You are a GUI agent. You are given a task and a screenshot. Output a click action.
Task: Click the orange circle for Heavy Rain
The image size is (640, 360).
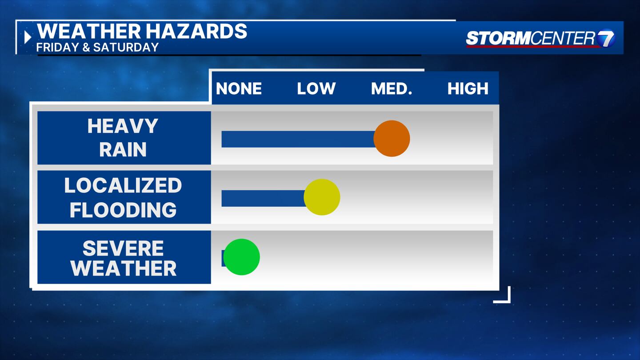[392, 139]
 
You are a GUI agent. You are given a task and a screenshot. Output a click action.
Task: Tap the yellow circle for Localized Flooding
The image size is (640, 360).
[322, 197]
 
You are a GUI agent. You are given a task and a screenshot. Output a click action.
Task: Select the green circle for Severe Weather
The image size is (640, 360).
[241, 257]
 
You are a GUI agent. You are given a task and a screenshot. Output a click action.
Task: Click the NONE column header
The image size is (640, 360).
[239, 88]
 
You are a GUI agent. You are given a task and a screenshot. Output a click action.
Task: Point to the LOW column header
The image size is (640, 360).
[316, 88]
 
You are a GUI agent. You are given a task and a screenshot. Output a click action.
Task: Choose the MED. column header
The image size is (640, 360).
[392, 88]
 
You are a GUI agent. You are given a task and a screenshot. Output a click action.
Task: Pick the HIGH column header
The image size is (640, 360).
[468, 88]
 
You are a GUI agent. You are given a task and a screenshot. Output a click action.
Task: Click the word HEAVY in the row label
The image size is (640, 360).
[123, 126]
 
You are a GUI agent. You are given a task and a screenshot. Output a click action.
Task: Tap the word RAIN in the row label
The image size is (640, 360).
[123, 149]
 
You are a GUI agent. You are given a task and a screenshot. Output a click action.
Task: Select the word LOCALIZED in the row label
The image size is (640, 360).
[123, 185]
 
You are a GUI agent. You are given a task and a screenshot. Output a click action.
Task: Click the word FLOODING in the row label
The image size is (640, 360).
[123, 210]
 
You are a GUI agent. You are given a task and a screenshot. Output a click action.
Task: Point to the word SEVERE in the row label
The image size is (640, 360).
[123, 248]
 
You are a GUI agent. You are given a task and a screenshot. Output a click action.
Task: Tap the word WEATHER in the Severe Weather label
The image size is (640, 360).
[124, 268]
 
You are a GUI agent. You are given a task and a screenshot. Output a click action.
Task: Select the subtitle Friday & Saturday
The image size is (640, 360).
[97, 47]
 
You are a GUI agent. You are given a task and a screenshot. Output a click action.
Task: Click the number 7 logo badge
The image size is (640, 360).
[606, 38]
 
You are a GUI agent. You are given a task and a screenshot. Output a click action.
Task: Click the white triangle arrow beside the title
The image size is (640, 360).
[28, 37]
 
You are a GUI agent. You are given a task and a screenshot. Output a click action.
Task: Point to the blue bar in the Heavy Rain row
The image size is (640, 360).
[299, 139]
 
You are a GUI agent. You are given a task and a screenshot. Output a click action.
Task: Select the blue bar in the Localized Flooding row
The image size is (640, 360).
[264, 198]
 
